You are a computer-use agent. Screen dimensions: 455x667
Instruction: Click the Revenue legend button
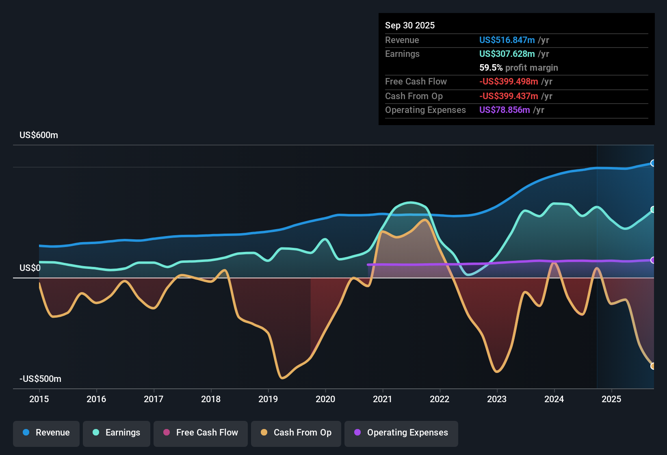click(46, 433)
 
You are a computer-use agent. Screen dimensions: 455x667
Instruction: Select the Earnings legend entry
click(116, 433)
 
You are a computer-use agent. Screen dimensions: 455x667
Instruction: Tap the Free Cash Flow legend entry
click(200, 433)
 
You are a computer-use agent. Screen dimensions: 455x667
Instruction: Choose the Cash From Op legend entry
click(296, 433)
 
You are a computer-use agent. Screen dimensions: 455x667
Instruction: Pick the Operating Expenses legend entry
click(401, 433)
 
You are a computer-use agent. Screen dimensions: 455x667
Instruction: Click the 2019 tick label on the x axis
click(268, 399)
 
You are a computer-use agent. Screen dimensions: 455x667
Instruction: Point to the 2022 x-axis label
click(440, 399)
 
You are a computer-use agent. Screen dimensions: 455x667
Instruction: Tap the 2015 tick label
click(39, 399)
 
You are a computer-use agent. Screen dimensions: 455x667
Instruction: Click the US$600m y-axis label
click(39, 135)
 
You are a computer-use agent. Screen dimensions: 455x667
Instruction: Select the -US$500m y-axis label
click(40, 379)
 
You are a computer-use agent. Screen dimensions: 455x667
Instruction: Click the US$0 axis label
click(30, 268)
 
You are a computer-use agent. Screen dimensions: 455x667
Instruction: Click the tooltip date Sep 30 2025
click(409, 26)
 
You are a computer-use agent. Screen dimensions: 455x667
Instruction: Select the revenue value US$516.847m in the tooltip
click(507, 40)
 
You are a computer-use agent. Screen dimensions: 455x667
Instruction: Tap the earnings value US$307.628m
click(507, 54)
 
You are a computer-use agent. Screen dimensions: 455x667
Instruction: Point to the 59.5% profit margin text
click(518, 68)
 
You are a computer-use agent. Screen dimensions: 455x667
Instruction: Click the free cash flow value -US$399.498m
click(509, 82)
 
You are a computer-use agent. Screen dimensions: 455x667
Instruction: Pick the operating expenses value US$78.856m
click(504, 110)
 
